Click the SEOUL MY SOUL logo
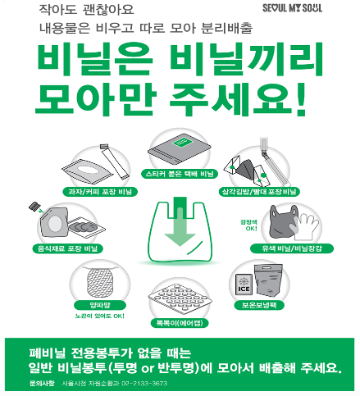click(x=316, y=9)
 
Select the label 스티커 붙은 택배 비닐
click(x=180, y=175)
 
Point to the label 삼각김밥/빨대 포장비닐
click(x=261, y=191)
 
